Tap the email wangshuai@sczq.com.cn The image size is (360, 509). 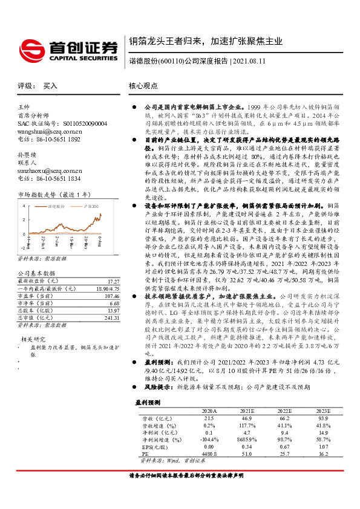pyautogui.click(x=50, y=130)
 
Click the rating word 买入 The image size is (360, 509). pyautogui.click(x=50, y=86)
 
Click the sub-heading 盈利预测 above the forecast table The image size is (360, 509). pyautogui.click(x=147, y=402)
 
